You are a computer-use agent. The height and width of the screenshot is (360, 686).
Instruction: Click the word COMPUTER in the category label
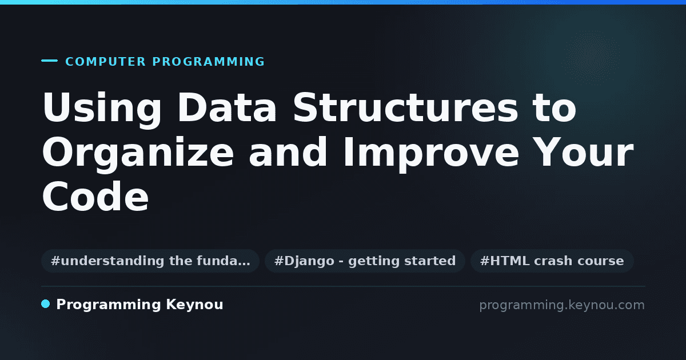coord(106,62)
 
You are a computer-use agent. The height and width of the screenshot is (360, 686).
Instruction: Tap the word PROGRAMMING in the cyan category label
coord(209,62)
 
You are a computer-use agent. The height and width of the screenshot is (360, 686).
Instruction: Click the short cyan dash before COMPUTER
coord(49,61)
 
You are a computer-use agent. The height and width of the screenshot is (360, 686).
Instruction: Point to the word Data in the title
coord(227,108)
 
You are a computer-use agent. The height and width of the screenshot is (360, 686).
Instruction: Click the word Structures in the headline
coord(405,108)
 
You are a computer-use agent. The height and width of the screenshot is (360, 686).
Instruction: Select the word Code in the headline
coord(95,196)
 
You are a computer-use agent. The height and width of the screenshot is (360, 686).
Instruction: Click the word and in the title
coord(288,151)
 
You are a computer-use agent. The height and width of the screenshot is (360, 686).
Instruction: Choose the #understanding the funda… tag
coord(150,261)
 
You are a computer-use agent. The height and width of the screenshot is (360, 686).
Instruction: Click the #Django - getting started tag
coord(365,261)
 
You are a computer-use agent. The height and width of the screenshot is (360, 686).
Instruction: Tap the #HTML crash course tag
coord(552,261)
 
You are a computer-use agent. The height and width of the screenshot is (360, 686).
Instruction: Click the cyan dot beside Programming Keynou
coord(46,304)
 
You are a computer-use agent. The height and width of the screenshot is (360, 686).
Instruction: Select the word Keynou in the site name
coord(194,305)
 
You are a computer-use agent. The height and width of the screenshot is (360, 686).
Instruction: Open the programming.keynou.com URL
coord(562,305)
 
